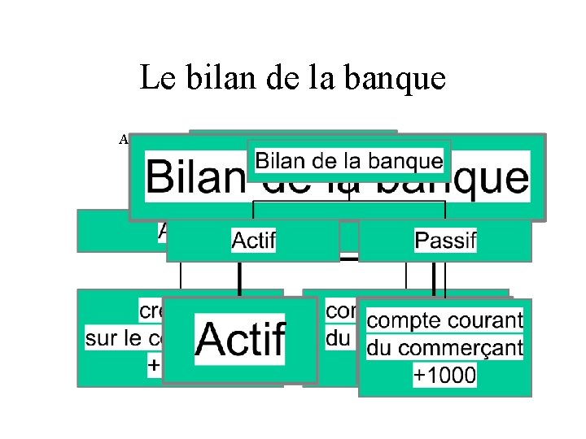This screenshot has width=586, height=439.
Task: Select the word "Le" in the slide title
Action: point(155,78)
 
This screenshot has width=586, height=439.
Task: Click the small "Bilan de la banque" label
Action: point(348,160)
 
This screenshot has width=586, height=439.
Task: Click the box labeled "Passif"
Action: point(444,241)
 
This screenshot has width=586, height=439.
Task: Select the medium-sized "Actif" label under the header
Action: point(254,241)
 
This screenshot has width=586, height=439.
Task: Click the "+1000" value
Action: point(444,376)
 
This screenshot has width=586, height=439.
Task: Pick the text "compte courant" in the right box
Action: point(444,321)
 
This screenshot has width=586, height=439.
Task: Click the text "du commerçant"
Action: point(444,349)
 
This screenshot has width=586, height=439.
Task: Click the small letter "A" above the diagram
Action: point(125,139)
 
